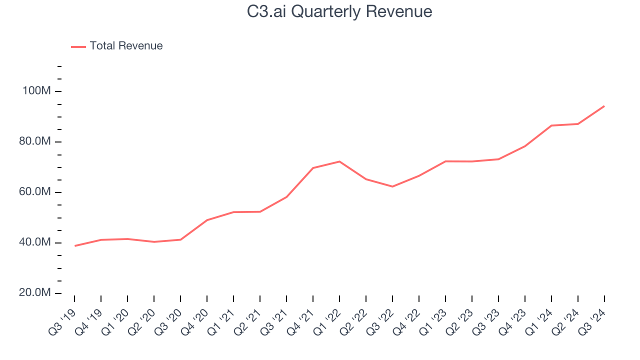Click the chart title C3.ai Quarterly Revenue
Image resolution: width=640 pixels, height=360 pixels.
(x=339, y=11)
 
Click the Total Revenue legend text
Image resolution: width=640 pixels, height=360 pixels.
(x=126, y=46)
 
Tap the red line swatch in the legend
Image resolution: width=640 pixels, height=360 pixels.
(x=78, y=46)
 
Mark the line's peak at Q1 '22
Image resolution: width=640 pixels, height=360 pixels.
(x=339, y=161)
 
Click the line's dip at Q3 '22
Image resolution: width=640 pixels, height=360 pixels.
(x=392, y=186)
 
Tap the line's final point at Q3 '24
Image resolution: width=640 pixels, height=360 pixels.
(x=604, y=106)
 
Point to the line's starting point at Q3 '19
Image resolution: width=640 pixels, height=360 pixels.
(x=75, y=245)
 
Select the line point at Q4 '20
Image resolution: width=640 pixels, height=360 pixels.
(x=207, y=220)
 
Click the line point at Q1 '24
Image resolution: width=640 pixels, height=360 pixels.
(x=551, y=125)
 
